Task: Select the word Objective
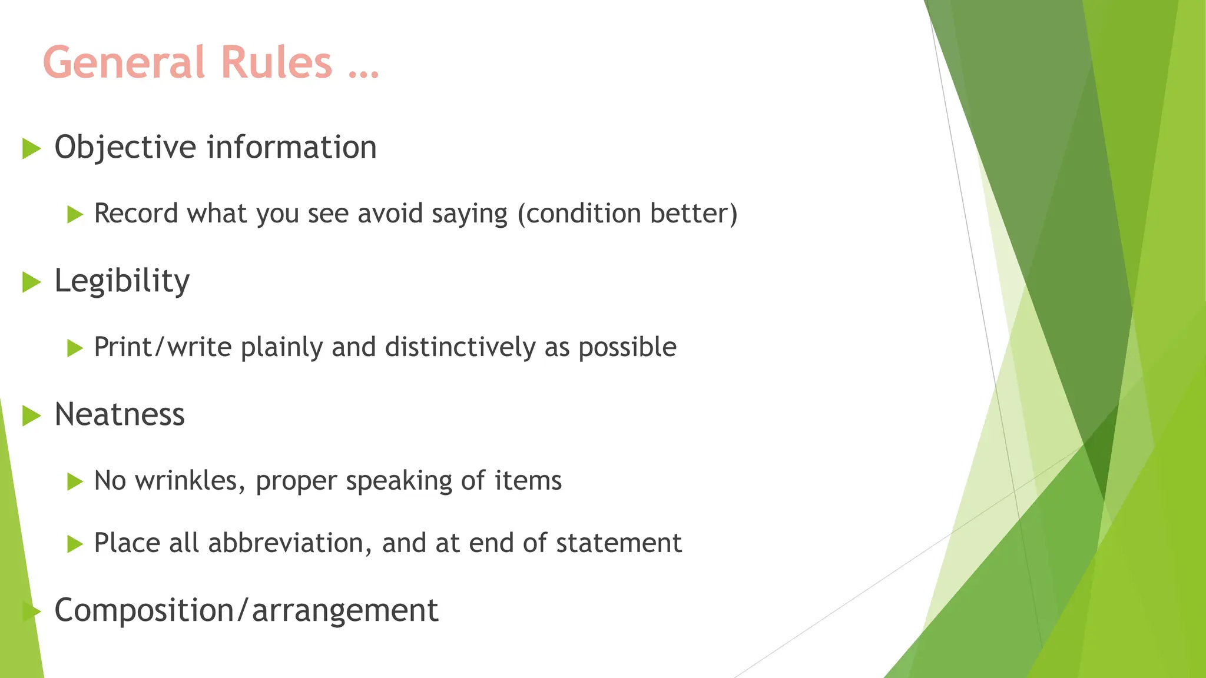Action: [x=125, y=148]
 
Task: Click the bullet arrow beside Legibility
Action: [x=31, y=282]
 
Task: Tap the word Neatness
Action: [x=120, y=414]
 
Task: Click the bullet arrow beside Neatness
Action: [x=31, y=416]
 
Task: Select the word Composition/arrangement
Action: [x=246, y=610]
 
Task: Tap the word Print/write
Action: [x=163, y=347]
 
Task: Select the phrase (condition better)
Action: [x=627, y=214]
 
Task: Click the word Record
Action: [x=136, y=214]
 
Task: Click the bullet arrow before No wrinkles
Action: [x=75, y=482]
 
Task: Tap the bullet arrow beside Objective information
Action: [x=31, y=148]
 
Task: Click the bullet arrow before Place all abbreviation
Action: [x=75, y=544]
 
